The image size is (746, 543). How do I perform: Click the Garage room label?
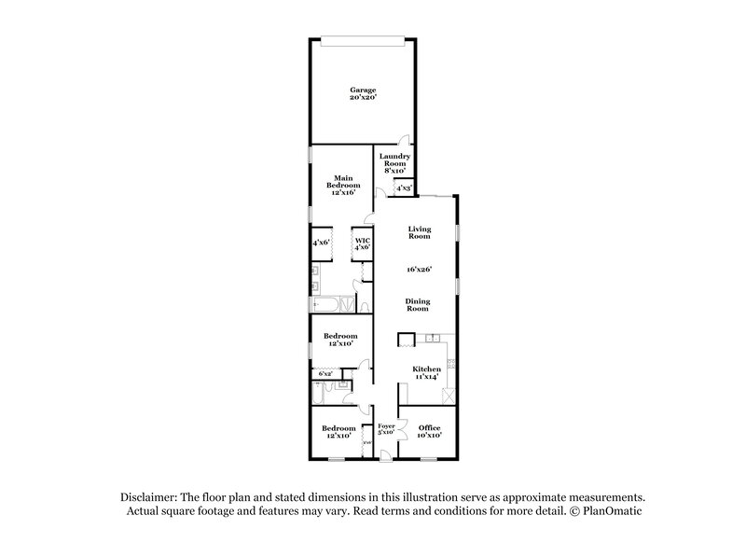pyautogui.click(x=363, y=90)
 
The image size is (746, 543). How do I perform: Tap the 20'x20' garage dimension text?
pyautogui.click(x=363, y=97)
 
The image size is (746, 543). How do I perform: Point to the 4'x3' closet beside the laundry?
pyautogui.click(x=404, y=188)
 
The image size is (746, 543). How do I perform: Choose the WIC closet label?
pyautogui.click(x=362, y=241)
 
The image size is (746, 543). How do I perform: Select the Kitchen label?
pyautogui.click(x=426, y=369)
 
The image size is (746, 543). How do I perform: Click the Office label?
pyautogui.click(x=429, y=428)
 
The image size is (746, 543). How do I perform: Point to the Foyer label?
pyautogui.click(x=386, y=428)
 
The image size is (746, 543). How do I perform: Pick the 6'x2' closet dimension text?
pyautogui.click(x=325, y=374)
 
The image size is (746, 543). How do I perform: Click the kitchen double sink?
pyautogui.click(x=435, y=338)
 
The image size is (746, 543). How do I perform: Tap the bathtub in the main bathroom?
pyautogui.click(x=326, y=303)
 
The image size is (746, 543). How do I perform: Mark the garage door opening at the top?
pyautogui.click(x=363, y=39)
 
